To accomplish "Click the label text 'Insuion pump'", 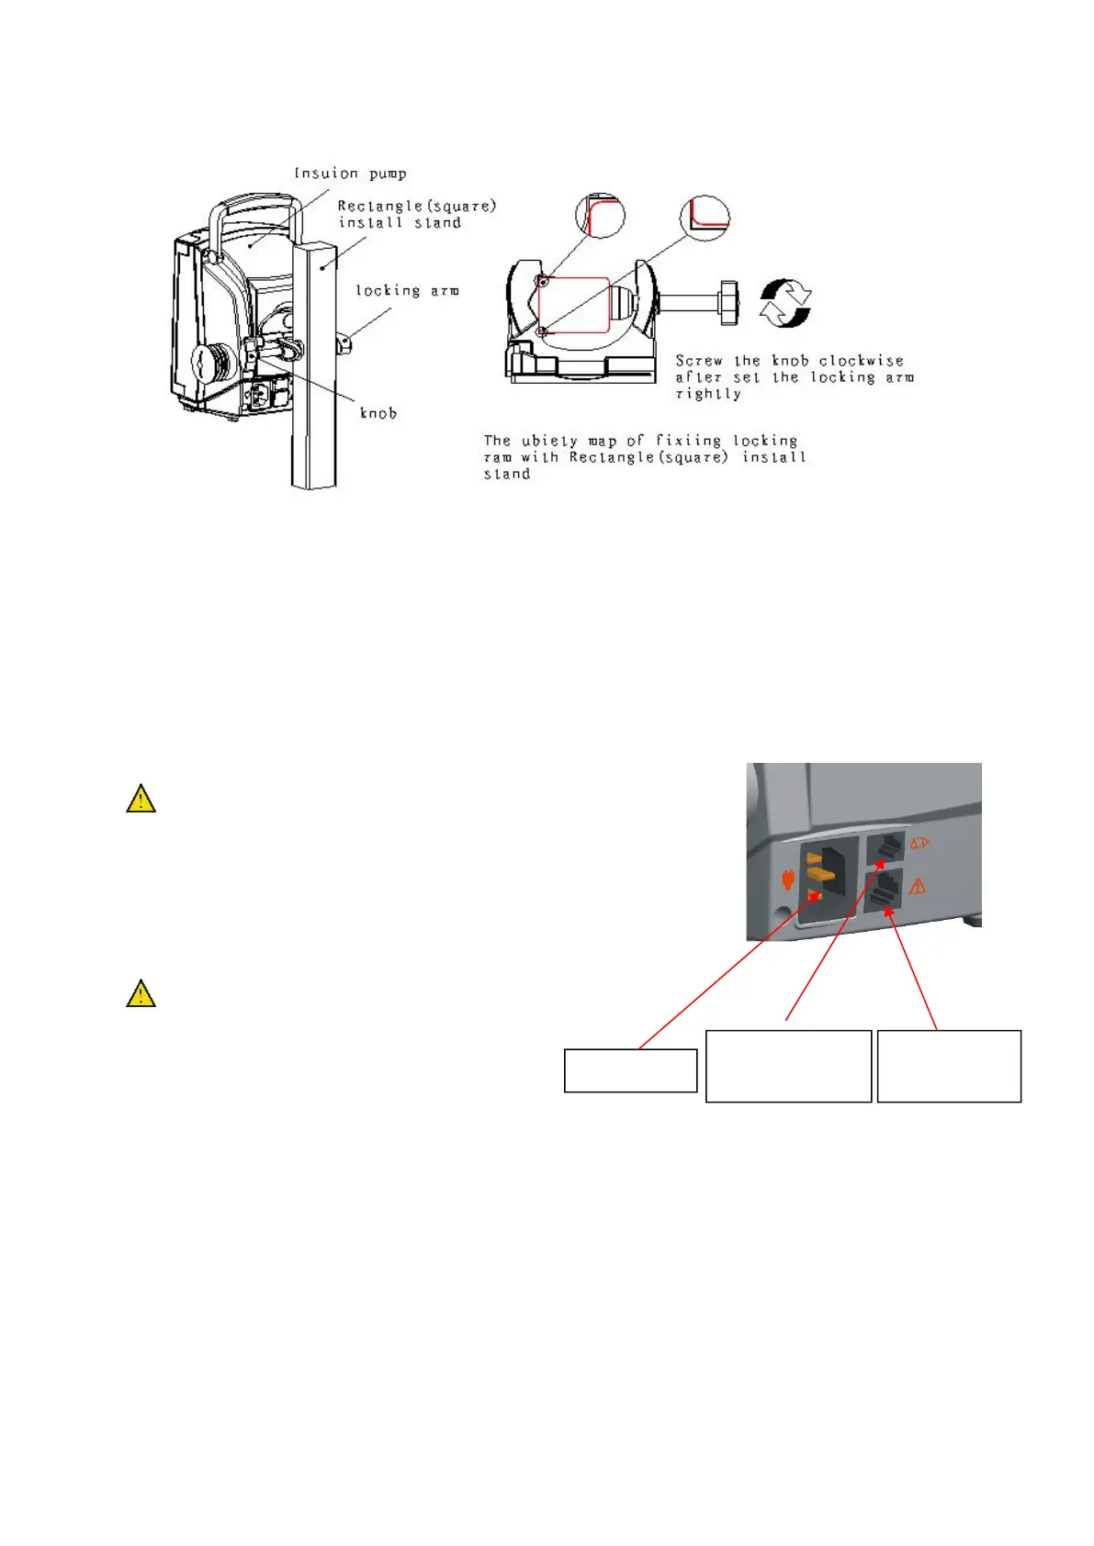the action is point(350,174).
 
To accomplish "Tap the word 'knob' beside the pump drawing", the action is point(378,413).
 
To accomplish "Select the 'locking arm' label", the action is point(407,290).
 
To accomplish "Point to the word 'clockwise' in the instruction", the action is point(861,361).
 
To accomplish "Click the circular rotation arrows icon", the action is point(785,304).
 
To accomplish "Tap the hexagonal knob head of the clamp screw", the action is point(729,304).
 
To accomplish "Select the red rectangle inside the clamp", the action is point(573,306).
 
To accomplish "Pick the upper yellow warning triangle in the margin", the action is point(141,799).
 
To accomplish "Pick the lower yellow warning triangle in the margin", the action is point(141,993).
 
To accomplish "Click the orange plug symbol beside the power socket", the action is point(787,879).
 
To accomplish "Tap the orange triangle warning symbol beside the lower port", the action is point(917,886).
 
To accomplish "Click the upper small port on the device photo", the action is point(888,848).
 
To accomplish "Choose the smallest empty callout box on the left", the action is point(630,1070).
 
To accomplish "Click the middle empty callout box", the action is point(788,1066).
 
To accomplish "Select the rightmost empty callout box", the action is point(949,1066).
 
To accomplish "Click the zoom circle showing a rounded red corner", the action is point(600,216).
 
